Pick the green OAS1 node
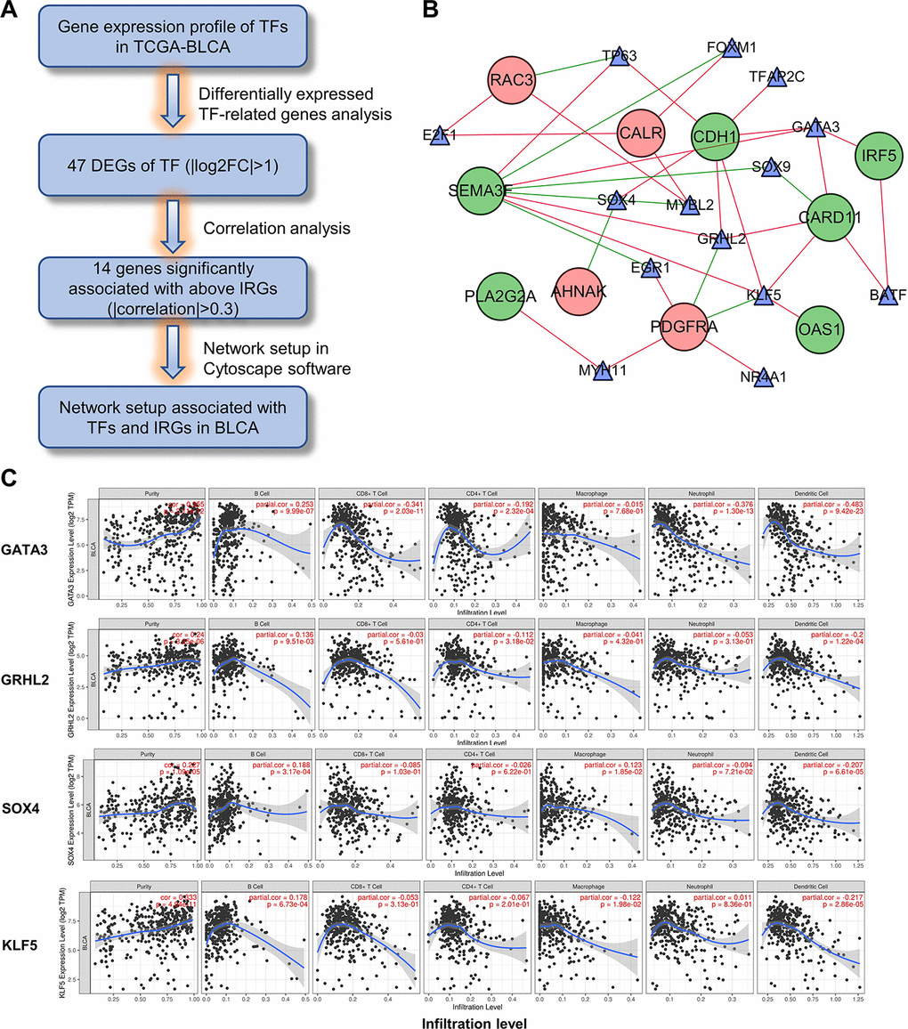(821, 329)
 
